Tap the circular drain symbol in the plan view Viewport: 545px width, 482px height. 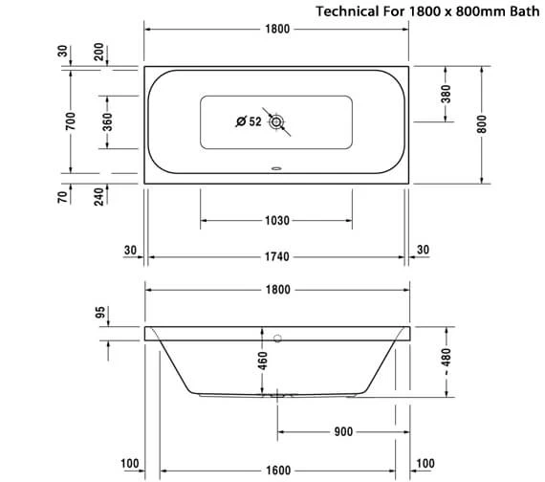coord(277,121)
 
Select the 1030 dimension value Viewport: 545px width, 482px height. coord(277,221)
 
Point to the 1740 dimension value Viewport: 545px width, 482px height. coord(277,257)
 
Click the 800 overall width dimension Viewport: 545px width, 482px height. coord(482,124)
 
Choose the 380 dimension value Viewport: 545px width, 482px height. coord(446,95)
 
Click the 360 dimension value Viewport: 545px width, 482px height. coord(107,121)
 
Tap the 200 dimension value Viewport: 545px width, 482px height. coord(98,53)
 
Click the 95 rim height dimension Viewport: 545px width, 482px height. coord(98,315)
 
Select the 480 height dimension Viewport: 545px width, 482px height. coord(447,361)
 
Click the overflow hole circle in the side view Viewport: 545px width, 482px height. coord(277,338)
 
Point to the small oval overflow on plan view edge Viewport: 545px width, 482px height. coord(277,173)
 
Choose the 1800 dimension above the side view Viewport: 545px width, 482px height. coord(277,290)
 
